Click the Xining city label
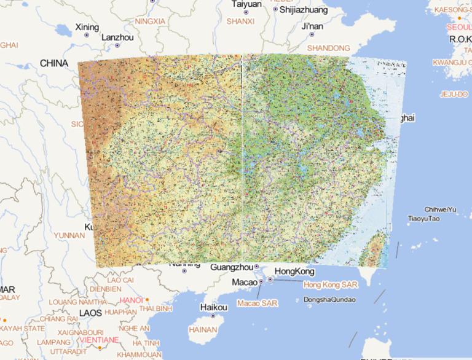click(87, 27)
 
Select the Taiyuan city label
click(246, 4)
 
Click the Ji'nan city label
click(312, 26)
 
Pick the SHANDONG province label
click(328, 48)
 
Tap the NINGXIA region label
click(150, 22)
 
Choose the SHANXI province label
click(240, 22)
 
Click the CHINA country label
click(54, 63)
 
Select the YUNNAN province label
click(69, 235)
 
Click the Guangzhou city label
click(232, 267)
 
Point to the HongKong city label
click(294, 272)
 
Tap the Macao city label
click(244, 282)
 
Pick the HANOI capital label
click(131, 300)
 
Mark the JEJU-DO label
click(454, 94)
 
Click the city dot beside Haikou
click(213, 317)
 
